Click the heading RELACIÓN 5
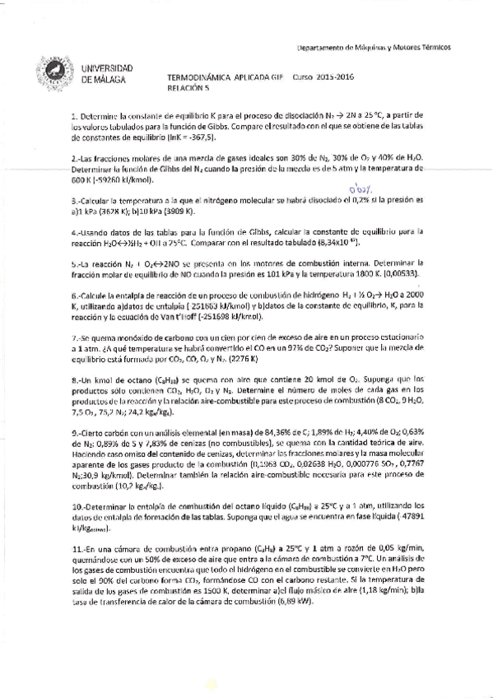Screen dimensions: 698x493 pos(187,84)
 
